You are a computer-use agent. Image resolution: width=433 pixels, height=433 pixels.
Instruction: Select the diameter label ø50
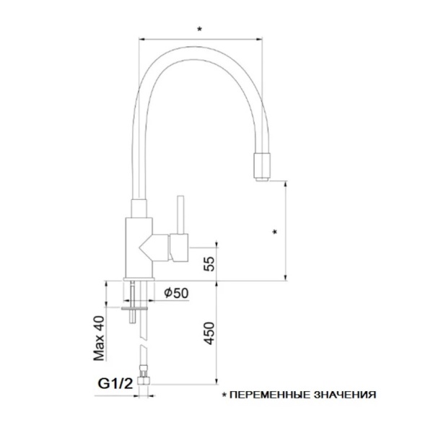(x=176, y=292)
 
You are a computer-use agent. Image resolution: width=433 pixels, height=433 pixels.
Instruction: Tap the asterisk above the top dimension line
(x=199, y=29)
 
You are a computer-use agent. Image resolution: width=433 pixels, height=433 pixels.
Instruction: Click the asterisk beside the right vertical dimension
(x=275, y=232)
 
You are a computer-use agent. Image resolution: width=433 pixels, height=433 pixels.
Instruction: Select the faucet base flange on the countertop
(x=139, y=278)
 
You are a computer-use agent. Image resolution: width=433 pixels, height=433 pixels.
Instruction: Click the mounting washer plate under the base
(x=137, y=306)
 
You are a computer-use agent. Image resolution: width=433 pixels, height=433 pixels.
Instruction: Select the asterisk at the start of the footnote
(x=224, y=395)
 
